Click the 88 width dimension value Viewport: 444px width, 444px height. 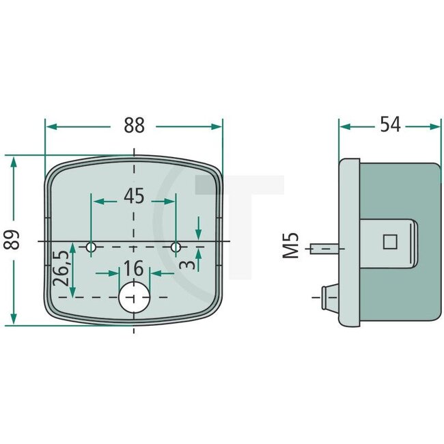[x=134, y=126]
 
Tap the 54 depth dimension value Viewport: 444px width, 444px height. [x=390, y=126]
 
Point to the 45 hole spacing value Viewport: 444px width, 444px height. [x=134, y=197]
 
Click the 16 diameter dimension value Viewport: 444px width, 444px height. [x=135, y=268]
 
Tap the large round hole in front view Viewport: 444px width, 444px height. [x=134, y=297]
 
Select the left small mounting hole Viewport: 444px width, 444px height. [x=92, y=247]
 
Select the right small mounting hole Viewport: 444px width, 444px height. [x=176, y=247]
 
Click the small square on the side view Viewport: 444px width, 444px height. [x=390, y=242]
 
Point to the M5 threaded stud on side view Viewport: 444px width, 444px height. [x=324, y=248]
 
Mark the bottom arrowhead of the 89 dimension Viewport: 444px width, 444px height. [x=13, y=321]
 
